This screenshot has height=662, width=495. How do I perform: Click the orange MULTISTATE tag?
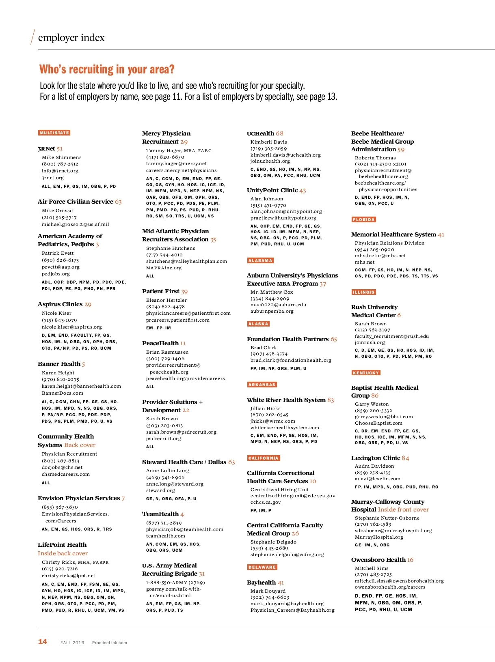coord(54,133)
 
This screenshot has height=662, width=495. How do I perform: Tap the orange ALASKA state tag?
coord(258,324)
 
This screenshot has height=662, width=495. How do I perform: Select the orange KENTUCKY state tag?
coord(366,373)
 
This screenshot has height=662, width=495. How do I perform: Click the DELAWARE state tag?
coord(262,567)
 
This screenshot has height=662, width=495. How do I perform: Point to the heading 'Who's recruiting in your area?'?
coord(107,69)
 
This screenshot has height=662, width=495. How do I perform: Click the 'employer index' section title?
coord(71,38)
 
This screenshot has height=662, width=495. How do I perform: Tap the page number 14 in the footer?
coord(43,641)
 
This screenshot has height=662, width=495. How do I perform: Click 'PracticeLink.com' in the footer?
coord(109,643)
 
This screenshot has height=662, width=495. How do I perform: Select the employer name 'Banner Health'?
coord(59,364)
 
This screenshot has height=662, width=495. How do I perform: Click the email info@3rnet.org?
coord(60,171)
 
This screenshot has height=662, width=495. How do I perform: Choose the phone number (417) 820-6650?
coord(165,157)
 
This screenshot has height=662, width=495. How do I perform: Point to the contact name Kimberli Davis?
coord(268,142)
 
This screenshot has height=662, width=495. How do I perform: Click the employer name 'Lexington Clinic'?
coord(376,458)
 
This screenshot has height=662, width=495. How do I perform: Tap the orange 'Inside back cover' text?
coord(63,553)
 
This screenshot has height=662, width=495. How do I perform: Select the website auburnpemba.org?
coord(272,311)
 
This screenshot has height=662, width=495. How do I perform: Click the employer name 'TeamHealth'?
coord(160,514)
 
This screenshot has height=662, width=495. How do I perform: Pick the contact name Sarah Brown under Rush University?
coord(371,324)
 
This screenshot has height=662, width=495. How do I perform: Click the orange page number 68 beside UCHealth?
coord(279,133)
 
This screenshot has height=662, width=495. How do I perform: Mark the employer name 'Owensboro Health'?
coord(378,560)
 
